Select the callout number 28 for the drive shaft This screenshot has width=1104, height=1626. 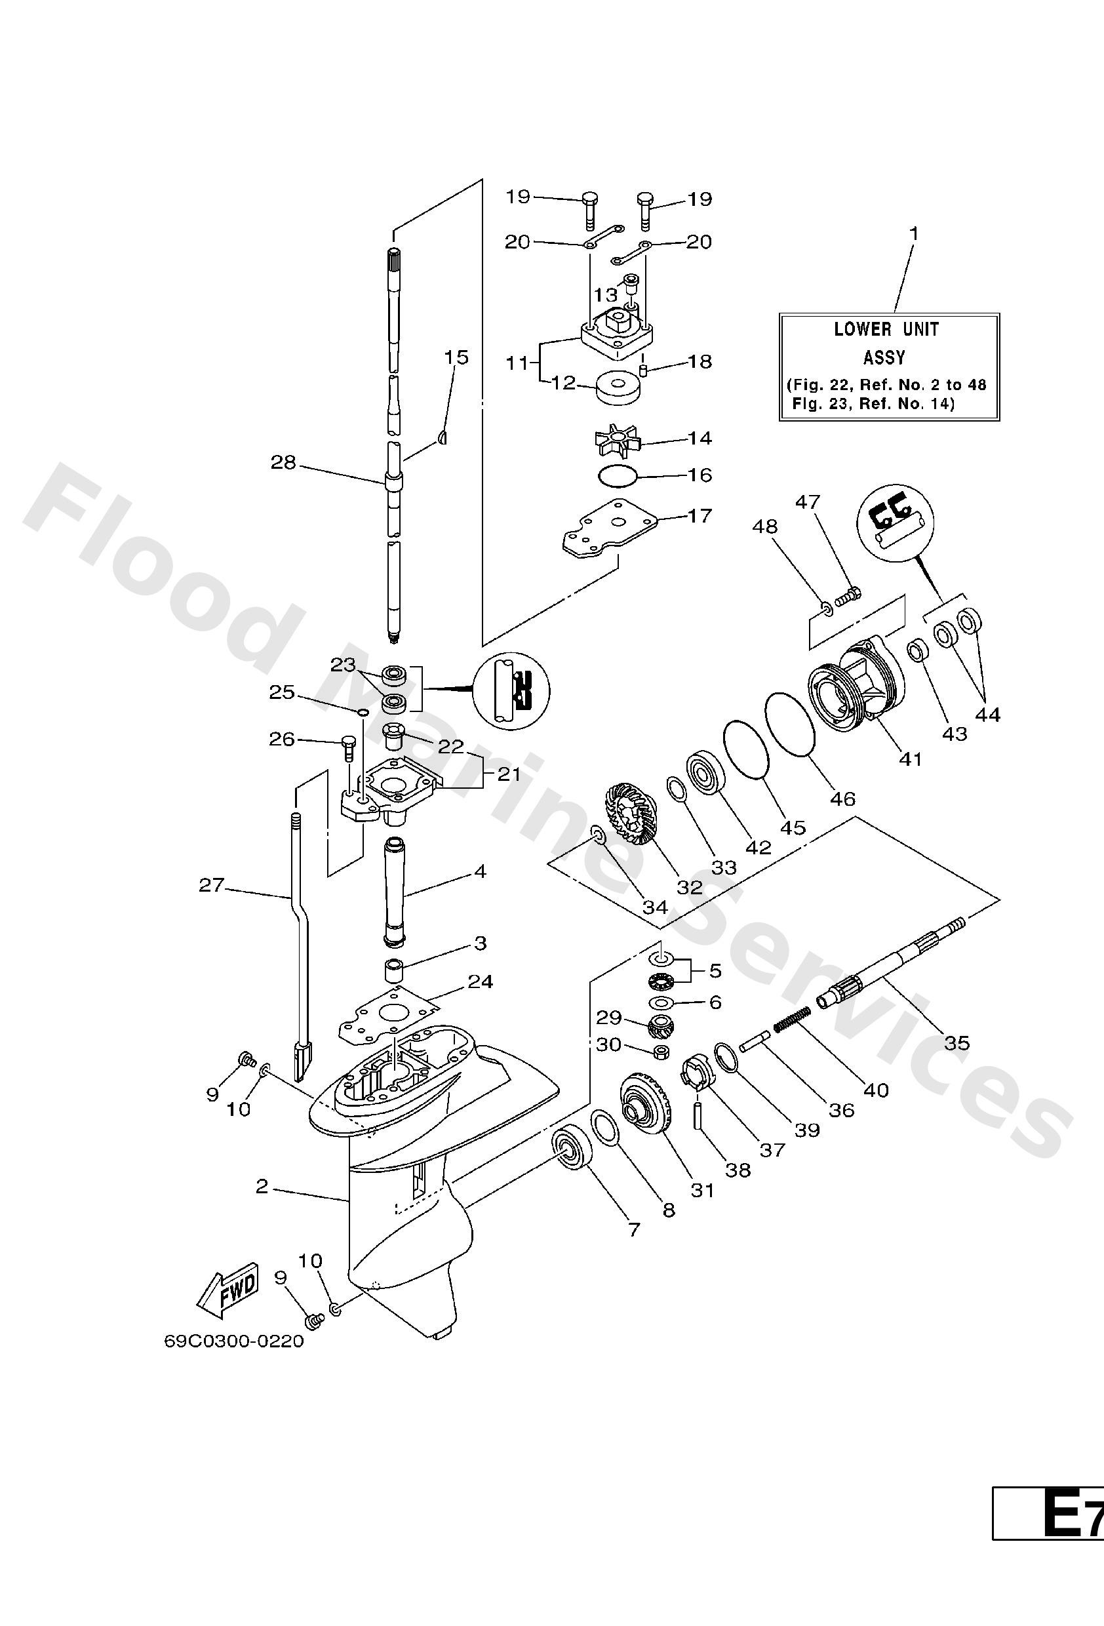pyautogui.click(x=283, y=462)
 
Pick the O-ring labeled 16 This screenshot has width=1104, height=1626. pyautogui.click(x=618, y=477)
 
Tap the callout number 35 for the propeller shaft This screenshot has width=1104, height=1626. pyautogui.click(x=957, y=1043)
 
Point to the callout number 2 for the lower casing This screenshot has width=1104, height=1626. pyautogui.click(x=262, y=1186)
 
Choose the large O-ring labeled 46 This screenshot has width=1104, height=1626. pyautogui.click(x=791, y=724)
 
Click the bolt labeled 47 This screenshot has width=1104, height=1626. pyautogui.click(x=847, y=596)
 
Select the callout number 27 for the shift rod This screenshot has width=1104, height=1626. pyautogui.click(x=211, y=885)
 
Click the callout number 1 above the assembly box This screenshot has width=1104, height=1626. pyautogui.click(x=914, y=233)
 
